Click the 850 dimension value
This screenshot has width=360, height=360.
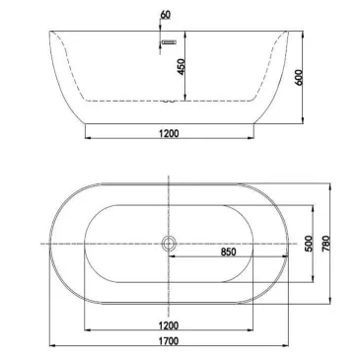click(228, 252)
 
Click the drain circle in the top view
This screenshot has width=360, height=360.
click(169, 243)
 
